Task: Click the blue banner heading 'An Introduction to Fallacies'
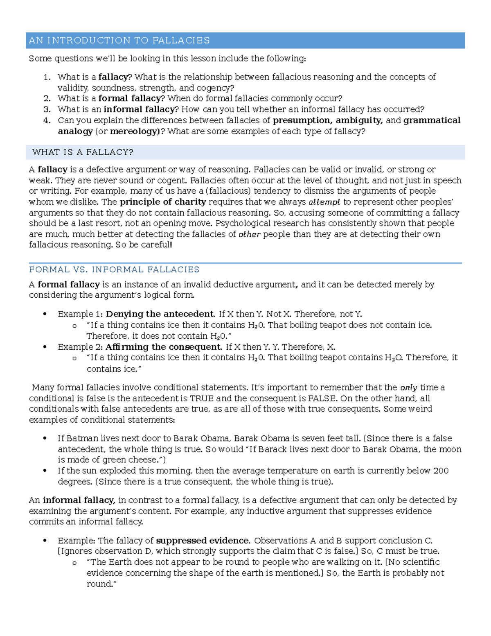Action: (x=119, y=40)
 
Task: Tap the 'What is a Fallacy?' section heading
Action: (x=83, y=152)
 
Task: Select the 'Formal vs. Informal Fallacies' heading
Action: (x=114, y=269)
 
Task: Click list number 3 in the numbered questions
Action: (x=47, y=109)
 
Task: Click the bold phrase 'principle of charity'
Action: (x=163, y=201)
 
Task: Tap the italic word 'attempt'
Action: (x=324, y=202)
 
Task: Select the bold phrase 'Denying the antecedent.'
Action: (x=160, y=314)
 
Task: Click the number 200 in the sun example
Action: (x=441, y=471)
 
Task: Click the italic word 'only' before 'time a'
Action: (x=408, y=388)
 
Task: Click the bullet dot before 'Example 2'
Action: (x=45, y=347)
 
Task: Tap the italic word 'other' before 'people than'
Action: (x=249, y=235)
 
